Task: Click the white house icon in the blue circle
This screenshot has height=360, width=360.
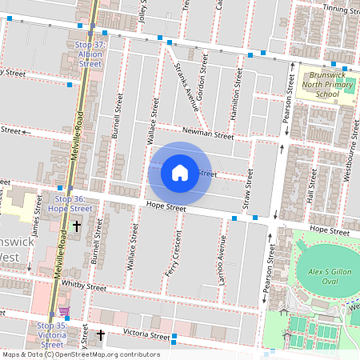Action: (179, 172)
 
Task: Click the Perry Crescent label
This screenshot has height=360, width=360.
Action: (178, 254)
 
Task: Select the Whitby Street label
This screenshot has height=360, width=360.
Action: (82, 286)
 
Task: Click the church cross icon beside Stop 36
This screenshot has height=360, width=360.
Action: (77, 227)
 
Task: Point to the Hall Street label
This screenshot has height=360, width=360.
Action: (311, 194)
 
